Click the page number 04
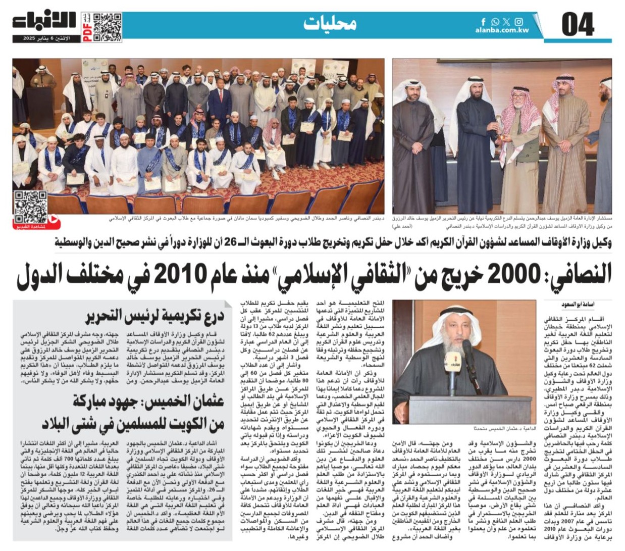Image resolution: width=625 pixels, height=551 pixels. pos(578,25)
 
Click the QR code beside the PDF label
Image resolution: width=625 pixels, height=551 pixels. pos(107,27)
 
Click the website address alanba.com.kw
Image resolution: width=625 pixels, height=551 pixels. pos(501,30)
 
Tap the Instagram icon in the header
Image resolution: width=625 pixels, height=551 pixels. pos(518,22)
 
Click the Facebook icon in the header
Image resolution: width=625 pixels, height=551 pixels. pos(483,22)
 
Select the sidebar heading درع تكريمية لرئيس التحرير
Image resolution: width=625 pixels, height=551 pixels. pos(154,316)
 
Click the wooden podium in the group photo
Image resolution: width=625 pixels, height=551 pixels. pos(39,108)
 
